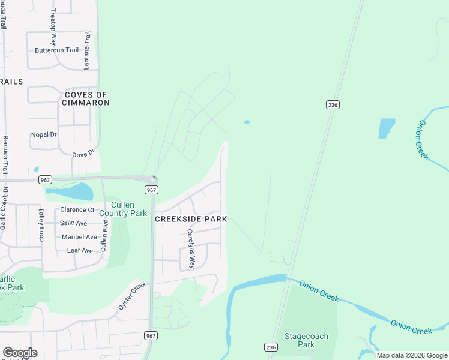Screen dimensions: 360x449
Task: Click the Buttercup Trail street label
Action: pyautogui.click(x=57, y=50)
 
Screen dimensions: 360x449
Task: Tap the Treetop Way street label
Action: pyautogui.click(x=53, y=28)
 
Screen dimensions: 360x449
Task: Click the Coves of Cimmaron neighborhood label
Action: pyautogui.click(x=86, y=98)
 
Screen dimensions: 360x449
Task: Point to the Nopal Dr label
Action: pyautogui.click(x=43, y=134)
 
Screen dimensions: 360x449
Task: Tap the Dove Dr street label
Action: pyautogui.click(x=83, y=154)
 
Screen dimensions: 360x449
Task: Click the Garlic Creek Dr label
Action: pyautogui.click(x=4, y=208)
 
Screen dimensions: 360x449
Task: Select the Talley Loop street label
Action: pyautogui.click(x=41, y=224)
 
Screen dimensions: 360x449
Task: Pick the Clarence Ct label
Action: pyautogui.click(x=77, y=210)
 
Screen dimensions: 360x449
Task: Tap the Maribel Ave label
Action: pyautogui.click(x=79, y=237)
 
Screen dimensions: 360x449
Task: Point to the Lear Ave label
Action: pyautogui.click(x=80, y=250)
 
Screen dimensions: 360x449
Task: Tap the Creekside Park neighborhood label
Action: pyautogui.click(x=191, y=219)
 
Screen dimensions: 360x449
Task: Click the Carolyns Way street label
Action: pyautogui.click(x=190, y=248)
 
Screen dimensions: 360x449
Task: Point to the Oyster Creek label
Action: pyautogui.click(x=132, y=295)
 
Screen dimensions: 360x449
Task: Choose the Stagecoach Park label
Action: pyautogui.click(x=306, y=340)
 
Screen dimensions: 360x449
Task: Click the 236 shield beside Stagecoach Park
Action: pyautogui.click(x=270, y=347)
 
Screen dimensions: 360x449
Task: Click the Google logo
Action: pyautogui.click(x=20, y=353)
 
